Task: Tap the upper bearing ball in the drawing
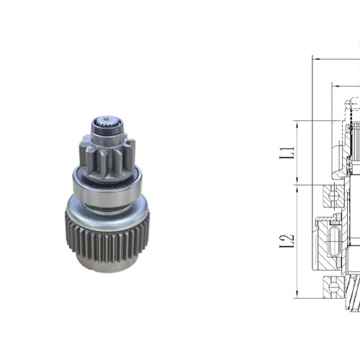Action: [x=332, y=193]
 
